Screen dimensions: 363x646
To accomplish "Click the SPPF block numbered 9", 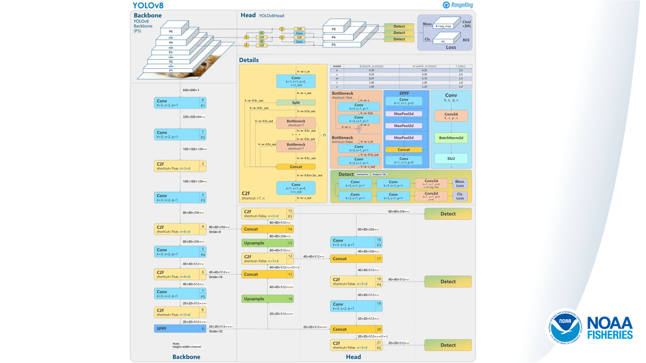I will coord(180,329).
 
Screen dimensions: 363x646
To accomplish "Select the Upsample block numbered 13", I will coord(267,243).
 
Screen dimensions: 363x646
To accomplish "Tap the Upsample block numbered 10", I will coord(267,299).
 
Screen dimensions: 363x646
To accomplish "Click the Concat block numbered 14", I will coord(267,229).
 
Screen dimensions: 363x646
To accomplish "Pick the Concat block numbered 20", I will coord(356,329).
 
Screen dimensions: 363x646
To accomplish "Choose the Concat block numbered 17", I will coord(356,259).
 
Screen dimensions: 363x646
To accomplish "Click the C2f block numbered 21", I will coord(356,345).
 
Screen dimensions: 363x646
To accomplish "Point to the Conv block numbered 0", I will coord(180,103).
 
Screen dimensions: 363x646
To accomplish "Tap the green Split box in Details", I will coord(296,102).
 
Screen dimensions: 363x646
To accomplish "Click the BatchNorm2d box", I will coord(451,138).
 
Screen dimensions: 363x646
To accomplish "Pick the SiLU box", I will coord(451,158).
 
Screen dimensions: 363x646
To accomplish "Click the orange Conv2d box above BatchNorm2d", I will coord(451,116).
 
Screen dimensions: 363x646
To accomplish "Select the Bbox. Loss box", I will coord(460,184).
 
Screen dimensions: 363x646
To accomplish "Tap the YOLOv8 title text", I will coord(148,6).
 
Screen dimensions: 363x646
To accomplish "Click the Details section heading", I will coord(249,60).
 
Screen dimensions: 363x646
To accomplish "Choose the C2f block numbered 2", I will coord(180,166).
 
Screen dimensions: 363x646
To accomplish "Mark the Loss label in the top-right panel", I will coord(451,47).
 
